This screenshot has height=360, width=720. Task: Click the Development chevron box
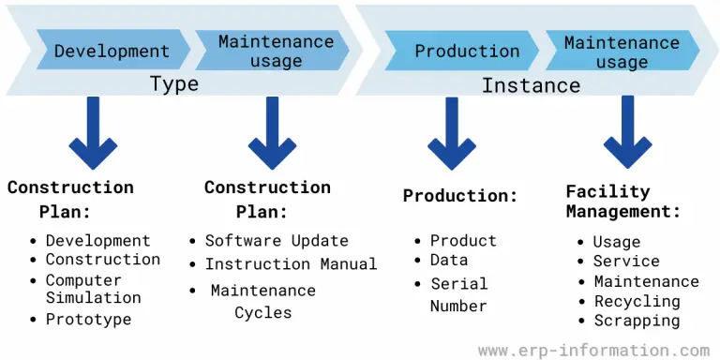pyautogui.click(x=112, y=51)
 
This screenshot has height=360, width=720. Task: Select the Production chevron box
pyautogui.click(x=467, y=51)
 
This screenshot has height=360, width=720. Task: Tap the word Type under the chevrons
pyautogui.click(x=174, y=84)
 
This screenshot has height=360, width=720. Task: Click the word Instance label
pyautogui.click(x=531, y=85)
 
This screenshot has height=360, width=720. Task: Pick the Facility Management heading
pyautogui.click(x=622, y=202)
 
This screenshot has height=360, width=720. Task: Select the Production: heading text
pyautogui.click(x=460, y=196)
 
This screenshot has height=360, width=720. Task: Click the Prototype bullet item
pyautogui.click(x=89, y=319)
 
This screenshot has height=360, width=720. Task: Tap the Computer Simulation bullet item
pyautogui.click(x=93, y=289)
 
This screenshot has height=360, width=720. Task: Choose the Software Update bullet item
pyautogui.click(x=277, y=241)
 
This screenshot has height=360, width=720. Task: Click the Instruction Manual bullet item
pyautogui.click(x=291, y=264)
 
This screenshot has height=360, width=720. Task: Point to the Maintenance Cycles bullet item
pyautogui.click(x=263, y=301)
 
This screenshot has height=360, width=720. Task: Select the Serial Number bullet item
pyautogui.click(x=458, y=294)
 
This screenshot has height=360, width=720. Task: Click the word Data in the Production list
pyautogui.click(x=449, y=262)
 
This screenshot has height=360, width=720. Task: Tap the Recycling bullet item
pyautogui.click(x=637, y=301)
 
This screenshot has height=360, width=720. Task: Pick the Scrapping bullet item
pyautogui.click(x=637, y=321)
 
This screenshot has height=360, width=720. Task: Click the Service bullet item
pyautogui.click(x=626, y=262)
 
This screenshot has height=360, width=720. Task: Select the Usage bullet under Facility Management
pyautogui.click(x=617, y=242)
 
